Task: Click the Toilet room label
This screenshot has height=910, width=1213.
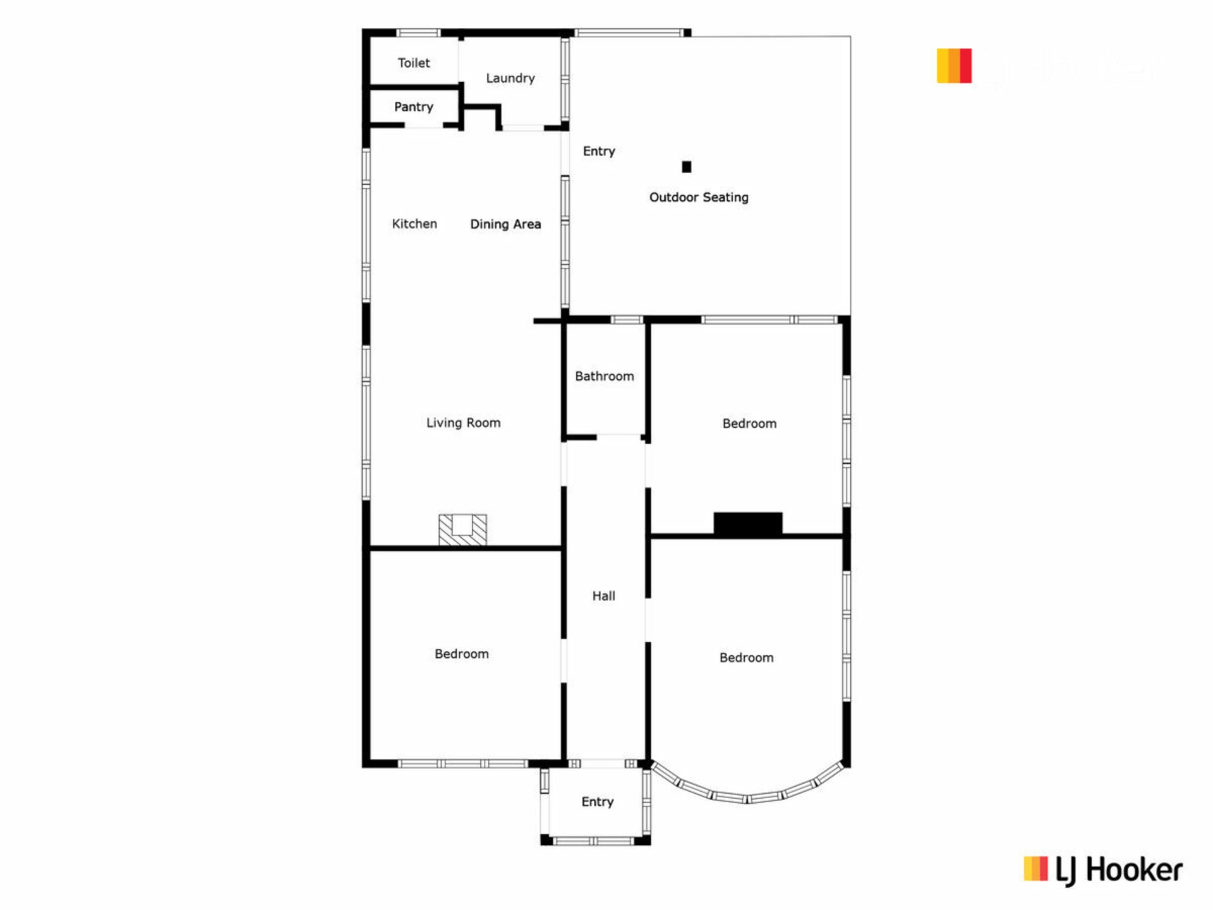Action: pos(414,63)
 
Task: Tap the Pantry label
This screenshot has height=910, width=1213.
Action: pos(414,107)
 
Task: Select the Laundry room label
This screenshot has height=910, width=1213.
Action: pos(510,78)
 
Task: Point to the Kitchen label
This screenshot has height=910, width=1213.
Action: pos(414,224)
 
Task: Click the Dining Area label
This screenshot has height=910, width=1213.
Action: pos(505,224)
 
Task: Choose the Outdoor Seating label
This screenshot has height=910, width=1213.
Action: pos(699,197)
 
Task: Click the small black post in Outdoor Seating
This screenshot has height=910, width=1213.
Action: pos(687,167)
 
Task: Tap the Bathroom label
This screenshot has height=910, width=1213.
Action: pos(605,376)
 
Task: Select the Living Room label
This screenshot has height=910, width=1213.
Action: pos(463,423)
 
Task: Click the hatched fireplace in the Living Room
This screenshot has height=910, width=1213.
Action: pos(463,530)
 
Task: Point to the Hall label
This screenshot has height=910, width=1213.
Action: pos(603,596)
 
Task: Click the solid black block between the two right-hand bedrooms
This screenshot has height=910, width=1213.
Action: pos(748,524)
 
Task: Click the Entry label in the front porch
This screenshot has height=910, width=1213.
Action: pos(598,802)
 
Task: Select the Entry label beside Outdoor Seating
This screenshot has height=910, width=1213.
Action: pos(599,151)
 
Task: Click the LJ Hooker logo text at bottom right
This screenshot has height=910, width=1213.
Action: pos(1119,871)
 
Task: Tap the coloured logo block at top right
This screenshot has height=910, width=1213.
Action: pos(954,66)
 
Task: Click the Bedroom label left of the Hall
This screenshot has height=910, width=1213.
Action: pos(462,654)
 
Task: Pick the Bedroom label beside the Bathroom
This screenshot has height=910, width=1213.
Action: pos(750,423)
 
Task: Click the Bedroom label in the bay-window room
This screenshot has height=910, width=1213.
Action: pos(747,658)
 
